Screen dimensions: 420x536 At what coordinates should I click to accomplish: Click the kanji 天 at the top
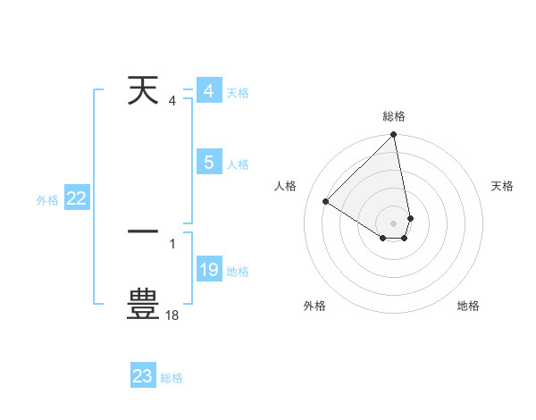143,90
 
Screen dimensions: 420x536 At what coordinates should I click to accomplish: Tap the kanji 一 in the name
143,230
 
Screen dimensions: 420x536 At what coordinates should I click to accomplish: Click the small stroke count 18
172,315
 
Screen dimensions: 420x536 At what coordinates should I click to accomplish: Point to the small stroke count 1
172,243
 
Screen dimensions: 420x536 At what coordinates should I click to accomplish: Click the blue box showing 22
76,199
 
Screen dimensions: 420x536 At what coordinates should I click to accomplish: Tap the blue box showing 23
143,376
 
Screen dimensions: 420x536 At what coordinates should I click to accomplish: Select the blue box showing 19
208,270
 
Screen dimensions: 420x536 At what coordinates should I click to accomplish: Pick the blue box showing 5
208,163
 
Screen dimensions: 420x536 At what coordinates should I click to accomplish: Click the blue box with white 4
208,91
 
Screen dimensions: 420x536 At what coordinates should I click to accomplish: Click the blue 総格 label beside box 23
172,378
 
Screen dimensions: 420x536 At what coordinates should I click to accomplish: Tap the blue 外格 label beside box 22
47,200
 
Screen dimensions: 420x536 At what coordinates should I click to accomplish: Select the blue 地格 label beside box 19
238,272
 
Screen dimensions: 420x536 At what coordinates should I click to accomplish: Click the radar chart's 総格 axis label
394,116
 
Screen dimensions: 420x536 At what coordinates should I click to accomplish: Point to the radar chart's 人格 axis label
286,186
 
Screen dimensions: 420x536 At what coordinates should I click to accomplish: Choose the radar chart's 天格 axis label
502,186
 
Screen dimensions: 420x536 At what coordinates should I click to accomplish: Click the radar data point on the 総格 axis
394,136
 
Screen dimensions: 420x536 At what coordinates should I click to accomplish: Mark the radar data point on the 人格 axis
326,202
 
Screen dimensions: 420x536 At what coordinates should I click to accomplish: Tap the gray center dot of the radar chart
394,223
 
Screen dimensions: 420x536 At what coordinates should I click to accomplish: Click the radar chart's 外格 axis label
314,306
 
